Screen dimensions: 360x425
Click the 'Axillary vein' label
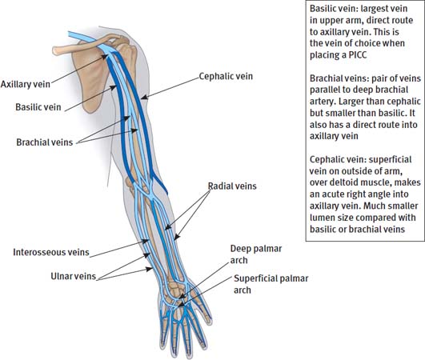(26, 83)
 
